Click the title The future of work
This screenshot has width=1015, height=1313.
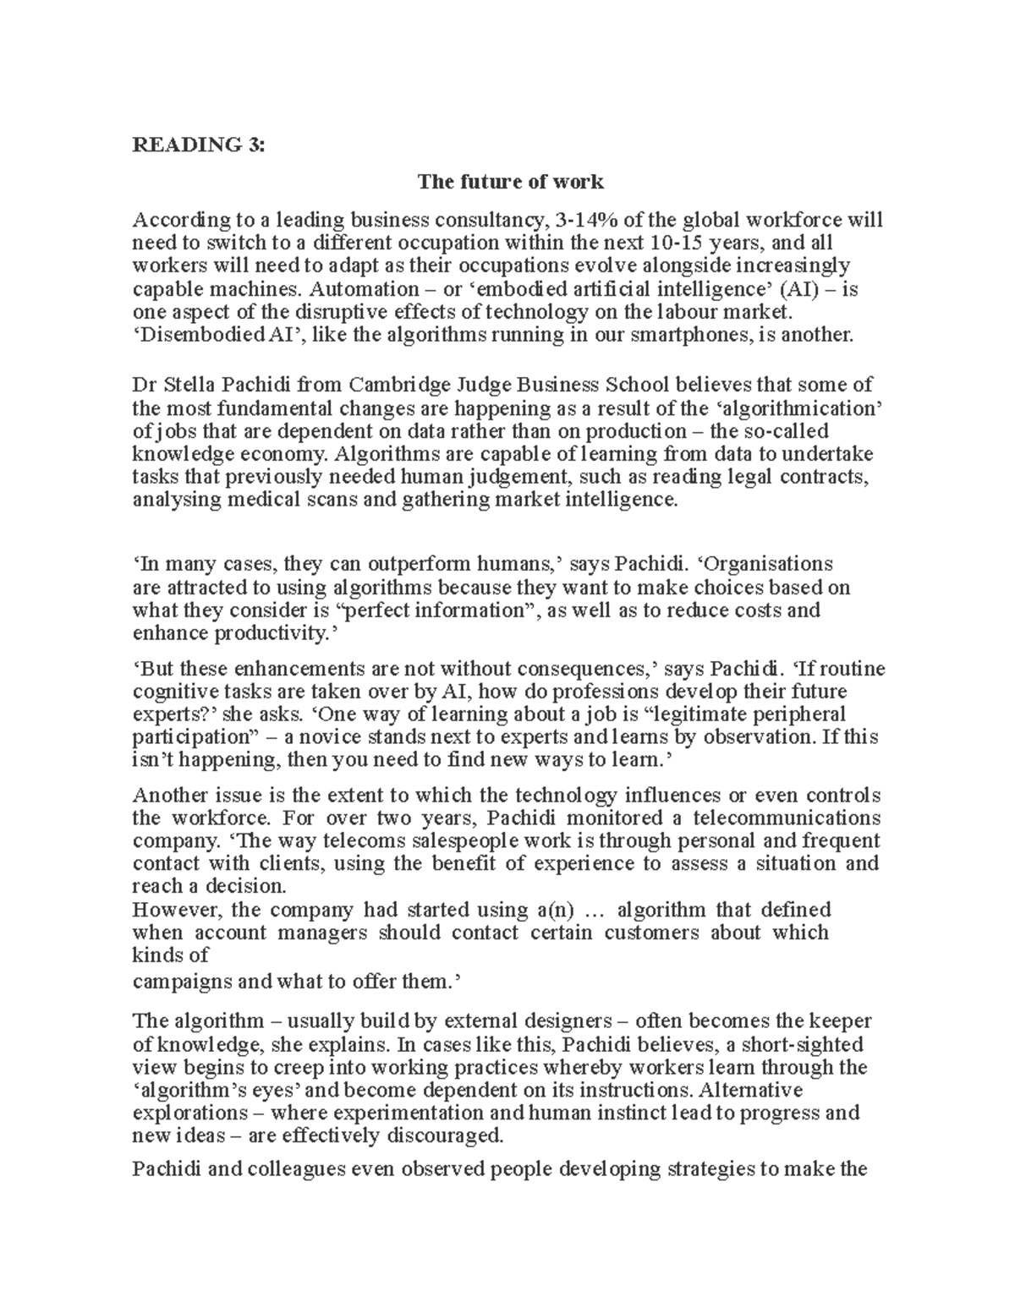click(509, 182)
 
